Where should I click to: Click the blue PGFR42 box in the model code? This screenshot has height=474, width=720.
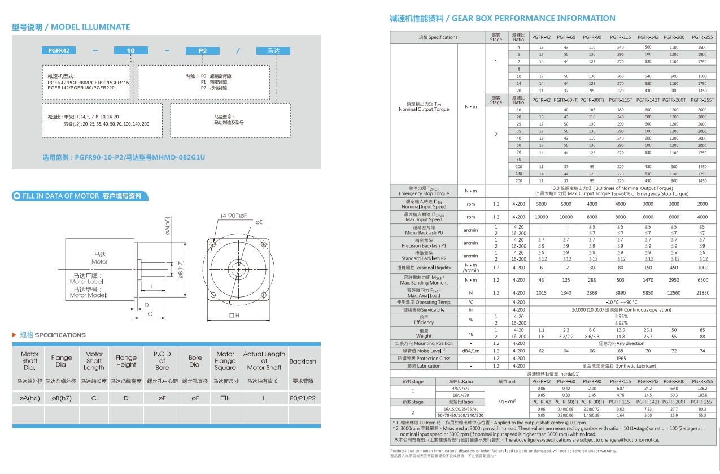[x=59, y=50]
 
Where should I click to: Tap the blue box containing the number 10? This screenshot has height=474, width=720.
[x=131, y=50]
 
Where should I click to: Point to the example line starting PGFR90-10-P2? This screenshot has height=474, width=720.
[x=124, y=157]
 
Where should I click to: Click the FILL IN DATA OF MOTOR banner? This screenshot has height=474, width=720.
[x=80, y=196]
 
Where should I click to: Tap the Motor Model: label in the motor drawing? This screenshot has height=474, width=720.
[x=88, y=295]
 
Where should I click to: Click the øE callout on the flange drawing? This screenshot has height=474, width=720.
[x=259, y=222]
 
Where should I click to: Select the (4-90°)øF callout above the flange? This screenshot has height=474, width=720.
[x=235, y=215]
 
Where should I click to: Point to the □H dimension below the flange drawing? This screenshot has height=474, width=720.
[x=234, y=315]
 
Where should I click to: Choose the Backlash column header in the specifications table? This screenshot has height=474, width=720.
[x=303, y=361]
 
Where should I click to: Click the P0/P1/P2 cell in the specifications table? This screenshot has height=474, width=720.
[x=303, y=398]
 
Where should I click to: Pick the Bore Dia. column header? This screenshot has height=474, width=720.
[x=195, y=361]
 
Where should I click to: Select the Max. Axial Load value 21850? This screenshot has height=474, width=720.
[x=702, y=293]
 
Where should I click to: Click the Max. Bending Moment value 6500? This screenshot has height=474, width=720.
[x=702, y=280]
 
